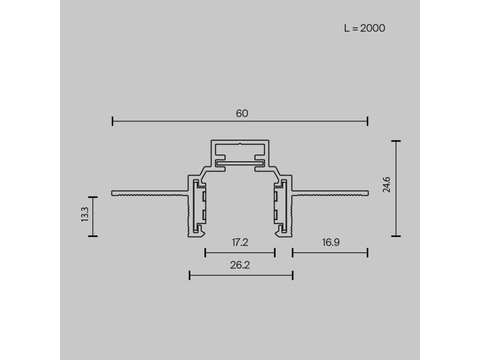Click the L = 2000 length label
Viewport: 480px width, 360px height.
(364, 28)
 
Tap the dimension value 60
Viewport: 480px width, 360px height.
(242, 114)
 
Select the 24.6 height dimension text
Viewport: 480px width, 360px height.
(386, 185)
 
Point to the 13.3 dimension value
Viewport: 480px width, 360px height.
(85, 214)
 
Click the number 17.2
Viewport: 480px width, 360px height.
(240, 242)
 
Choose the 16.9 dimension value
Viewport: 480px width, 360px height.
(331, 242)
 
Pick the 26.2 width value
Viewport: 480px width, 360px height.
(240, 265)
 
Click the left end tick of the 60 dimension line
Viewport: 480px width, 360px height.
(112, 121)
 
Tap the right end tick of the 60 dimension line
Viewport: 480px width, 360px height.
(368, 121)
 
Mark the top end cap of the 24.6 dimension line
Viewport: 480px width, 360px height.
(396, 141)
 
